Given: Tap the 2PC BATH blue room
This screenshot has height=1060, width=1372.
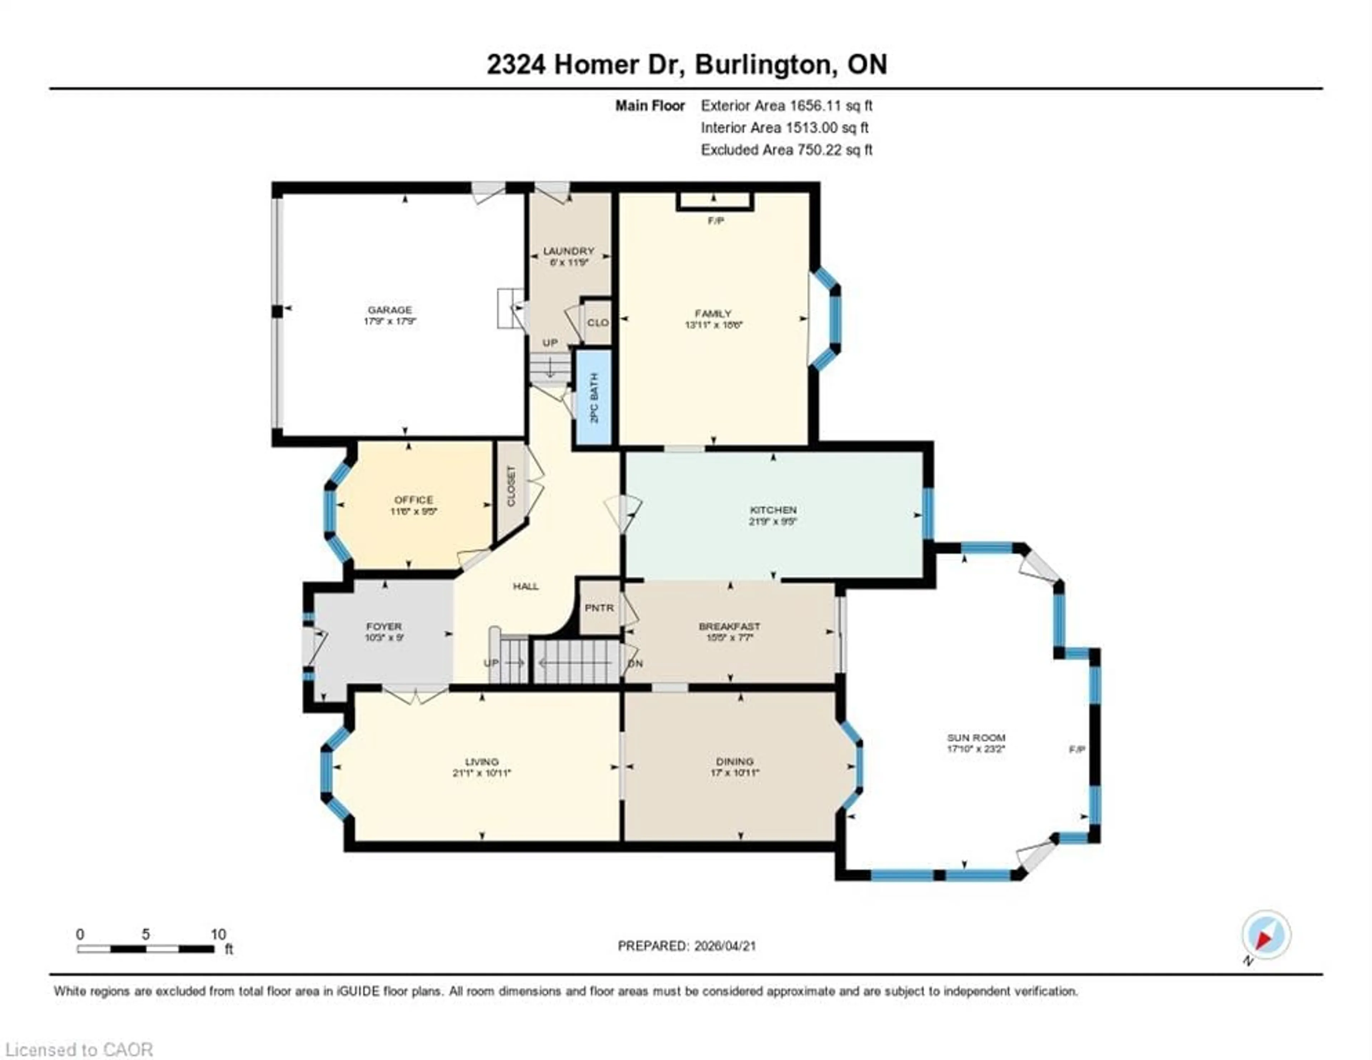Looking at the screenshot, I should (x=594, y=398).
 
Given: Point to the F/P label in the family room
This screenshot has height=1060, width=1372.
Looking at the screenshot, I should (x=716, y=220).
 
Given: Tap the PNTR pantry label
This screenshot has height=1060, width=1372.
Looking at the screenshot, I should (x=599, y=608).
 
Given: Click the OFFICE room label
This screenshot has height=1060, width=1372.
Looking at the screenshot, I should (x=413, y=499).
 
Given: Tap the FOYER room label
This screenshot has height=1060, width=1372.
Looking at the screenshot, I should (x=384, y=626).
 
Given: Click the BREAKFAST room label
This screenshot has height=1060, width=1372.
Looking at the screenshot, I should (x=729, y=626).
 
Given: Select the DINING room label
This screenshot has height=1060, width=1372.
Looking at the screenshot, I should (x=735, y=761).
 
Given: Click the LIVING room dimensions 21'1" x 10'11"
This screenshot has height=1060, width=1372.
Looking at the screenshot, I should (x=482, y=773).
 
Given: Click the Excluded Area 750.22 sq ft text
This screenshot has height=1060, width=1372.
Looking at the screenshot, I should (x=786, y=150).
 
